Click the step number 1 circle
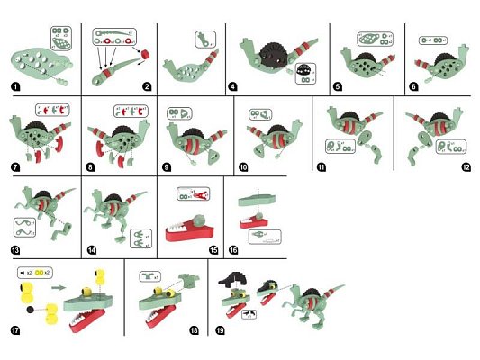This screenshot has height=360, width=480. click(x=16, y=88)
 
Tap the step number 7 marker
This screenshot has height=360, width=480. click(x=16, y=169)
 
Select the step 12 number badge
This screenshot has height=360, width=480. click(x=466, y=169)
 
